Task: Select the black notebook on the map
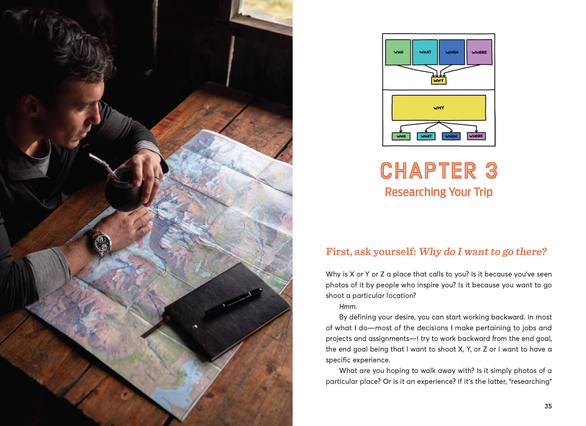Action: coord(227,311)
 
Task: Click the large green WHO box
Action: coord(398,52)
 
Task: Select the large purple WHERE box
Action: coord(479,52)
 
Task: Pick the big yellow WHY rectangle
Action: coord(439,108)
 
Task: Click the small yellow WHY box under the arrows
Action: coord(438,81)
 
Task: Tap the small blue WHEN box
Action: coord(451,136)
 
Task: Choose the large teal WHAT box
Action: coord(425,52)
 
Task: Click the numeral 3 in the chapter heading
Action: coord(491,171)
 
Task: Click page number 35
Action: coord(548,406)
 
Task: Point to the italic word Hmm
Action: coord(348,306)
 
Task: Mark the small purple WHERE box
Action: coord(476,136)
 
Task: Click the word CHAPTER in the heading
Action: coord(428,171)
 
